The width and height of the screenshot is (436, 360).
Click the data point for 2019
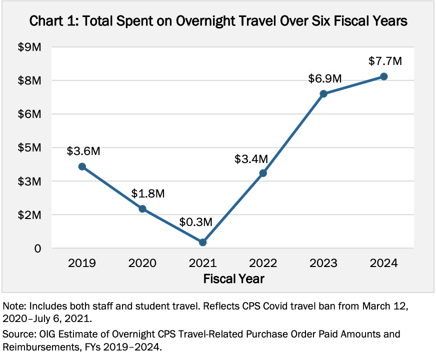pyautogui.click(x=82, y=166)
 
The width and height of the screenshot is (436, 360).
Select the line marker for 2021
pyautogui.click(x=202, y=242)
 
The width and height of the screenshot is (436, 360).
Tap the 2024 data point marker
pyautogui.click(x=383, y=76)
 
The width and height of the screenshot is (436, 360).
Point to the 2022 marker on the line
pyautogui.click(x=263, y=173)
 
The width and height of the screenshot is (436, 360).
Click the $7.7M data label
pyautogui.click(x=384, y=61)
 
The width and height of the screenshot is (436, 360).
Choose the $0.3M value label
pyautogui.click(x=196, y=220)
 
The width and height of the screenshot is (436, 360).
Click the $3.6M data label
pyautogui.click(x=83, y=150)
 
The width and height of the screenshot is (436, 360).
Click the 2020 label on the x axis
pyautogui.click(x=142, y=263)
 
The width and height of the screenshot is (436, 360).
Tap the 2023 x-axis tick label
pyautogui.click(x=323, y=263)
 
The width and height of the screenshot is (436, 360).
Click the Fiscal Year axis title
pyautogui.click(x=233, y=278)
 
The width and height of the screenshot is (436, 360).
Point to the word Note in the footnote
pyautogui.click(x=14, y=306)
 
